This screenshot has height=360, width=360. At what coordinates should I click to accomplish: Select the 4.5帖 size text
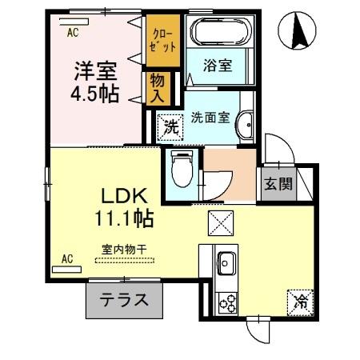coord(94,94)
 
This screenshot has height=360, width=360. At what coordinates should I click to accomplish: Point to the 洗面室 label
coord(210,117)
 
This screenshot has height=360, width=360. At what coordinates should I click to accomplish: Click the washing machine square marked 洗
coord(170,126)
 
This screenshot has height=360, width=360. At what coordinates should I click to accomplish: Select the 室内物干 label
coord(123,250)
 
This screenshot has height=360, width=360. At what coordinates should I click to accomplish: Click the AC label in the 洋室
coord(72,34)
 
